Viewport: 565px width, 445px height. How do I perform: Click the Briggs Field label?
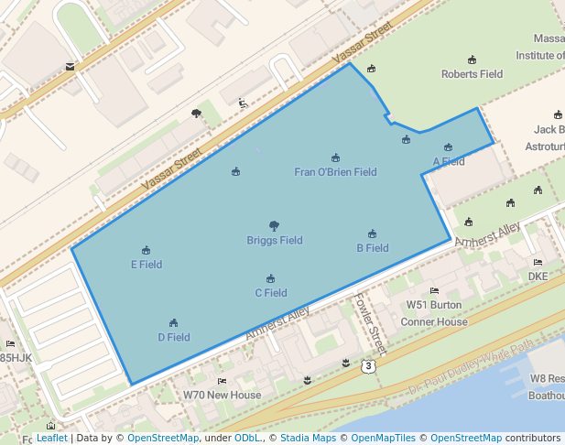[275, 241]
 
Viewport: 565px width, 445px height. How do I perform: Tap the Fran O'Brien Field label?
[335, 172]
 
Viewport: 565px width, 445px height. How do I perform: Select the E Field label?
[147, 265]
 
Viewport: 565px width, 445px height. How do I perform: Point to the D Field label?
[173, 337]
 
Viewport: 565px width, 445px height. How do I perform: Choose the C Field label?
[270, 293]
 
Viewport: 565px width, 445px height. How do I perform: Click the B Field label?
[372, 248]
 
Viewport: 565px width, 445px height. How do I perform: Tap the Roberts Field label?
[472, 74]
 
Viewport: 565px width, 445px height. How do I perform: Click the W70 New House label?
[222, 396]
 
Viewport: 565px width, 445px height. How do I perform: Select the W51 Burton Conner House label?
[434, 313]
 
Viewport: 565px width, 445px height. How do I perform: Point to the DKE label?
[538, 275]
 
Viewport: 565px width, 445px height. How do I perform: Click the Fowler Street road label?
[371, 322]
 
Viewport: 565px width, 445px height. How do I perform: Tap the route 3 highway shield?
[367, 365]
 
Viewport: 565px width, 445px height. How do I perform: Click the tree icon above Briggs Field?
[274, 225]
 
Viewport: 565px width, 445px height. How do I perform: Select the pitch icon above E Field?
[146, 250]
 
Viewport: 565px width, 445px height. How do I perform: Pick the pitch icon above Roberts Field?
[472, 60]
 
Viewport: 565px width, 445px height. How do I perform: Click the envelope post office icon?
[70, 66]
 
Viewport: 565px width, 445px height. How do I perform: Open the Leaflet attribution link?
[51, 439]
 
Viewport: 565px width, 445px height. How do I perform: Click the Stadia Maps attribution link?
[308, 439]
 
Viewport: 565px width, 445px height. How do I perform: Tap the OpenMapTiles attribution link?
[385, 439]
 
